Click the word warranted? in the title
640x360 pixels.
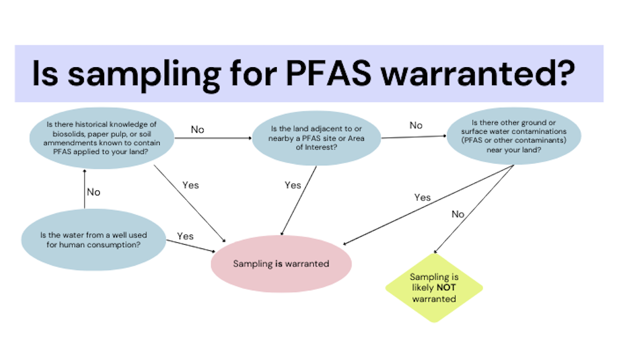[x=478, y=73]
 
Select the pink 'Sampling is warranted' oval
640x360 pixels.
[x=281, y=264]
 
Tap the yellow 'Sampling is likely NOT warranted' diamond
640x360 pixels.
[x=434, y=288]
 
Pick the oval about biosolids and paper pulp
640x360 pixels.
[x=102, y=139]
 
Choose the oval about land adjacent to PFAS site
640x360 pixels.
[x=317, y=139]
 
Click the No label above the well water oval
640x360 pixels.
[x=93, y=192]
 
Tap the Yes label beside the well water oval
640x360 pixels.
[x=185, y=236]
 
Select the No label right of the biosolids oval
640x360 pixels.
[x=197, y=129]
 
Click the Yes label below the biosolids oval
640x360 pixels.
[x=191, y=184]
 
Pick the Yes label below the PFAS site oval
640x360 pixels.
[x=293, y=185]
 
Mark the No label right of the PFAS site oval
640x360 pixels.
[x=416, y=126]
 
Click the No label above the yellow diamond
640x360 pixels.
[x=457, y=214]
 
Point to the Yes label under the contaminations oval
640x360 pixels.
[x=422, y=198]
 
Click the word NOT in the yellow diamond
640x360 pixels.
[x=446, y=288]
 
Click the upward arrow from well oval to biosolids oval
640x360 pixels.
[x=85, y=191]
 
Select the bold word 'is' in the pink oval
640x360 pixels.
[x=278, y=264]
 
